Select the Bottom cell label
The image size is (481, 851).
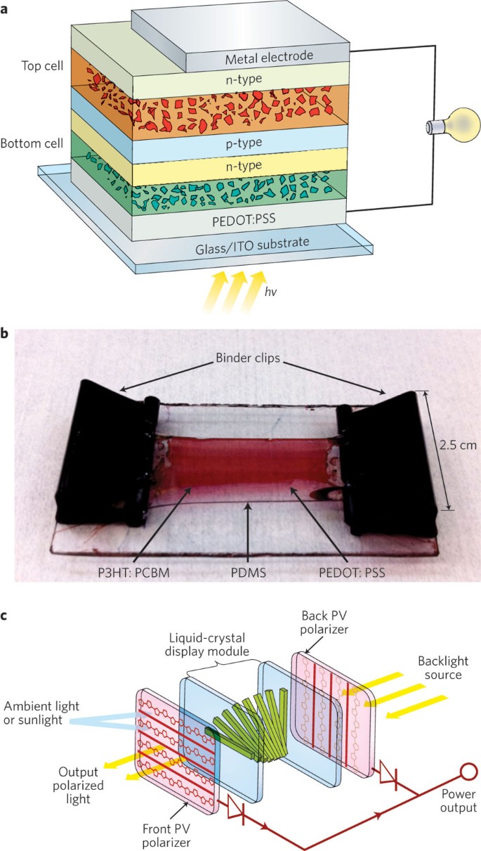36,143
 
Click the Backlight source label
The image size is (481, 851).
431,668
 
